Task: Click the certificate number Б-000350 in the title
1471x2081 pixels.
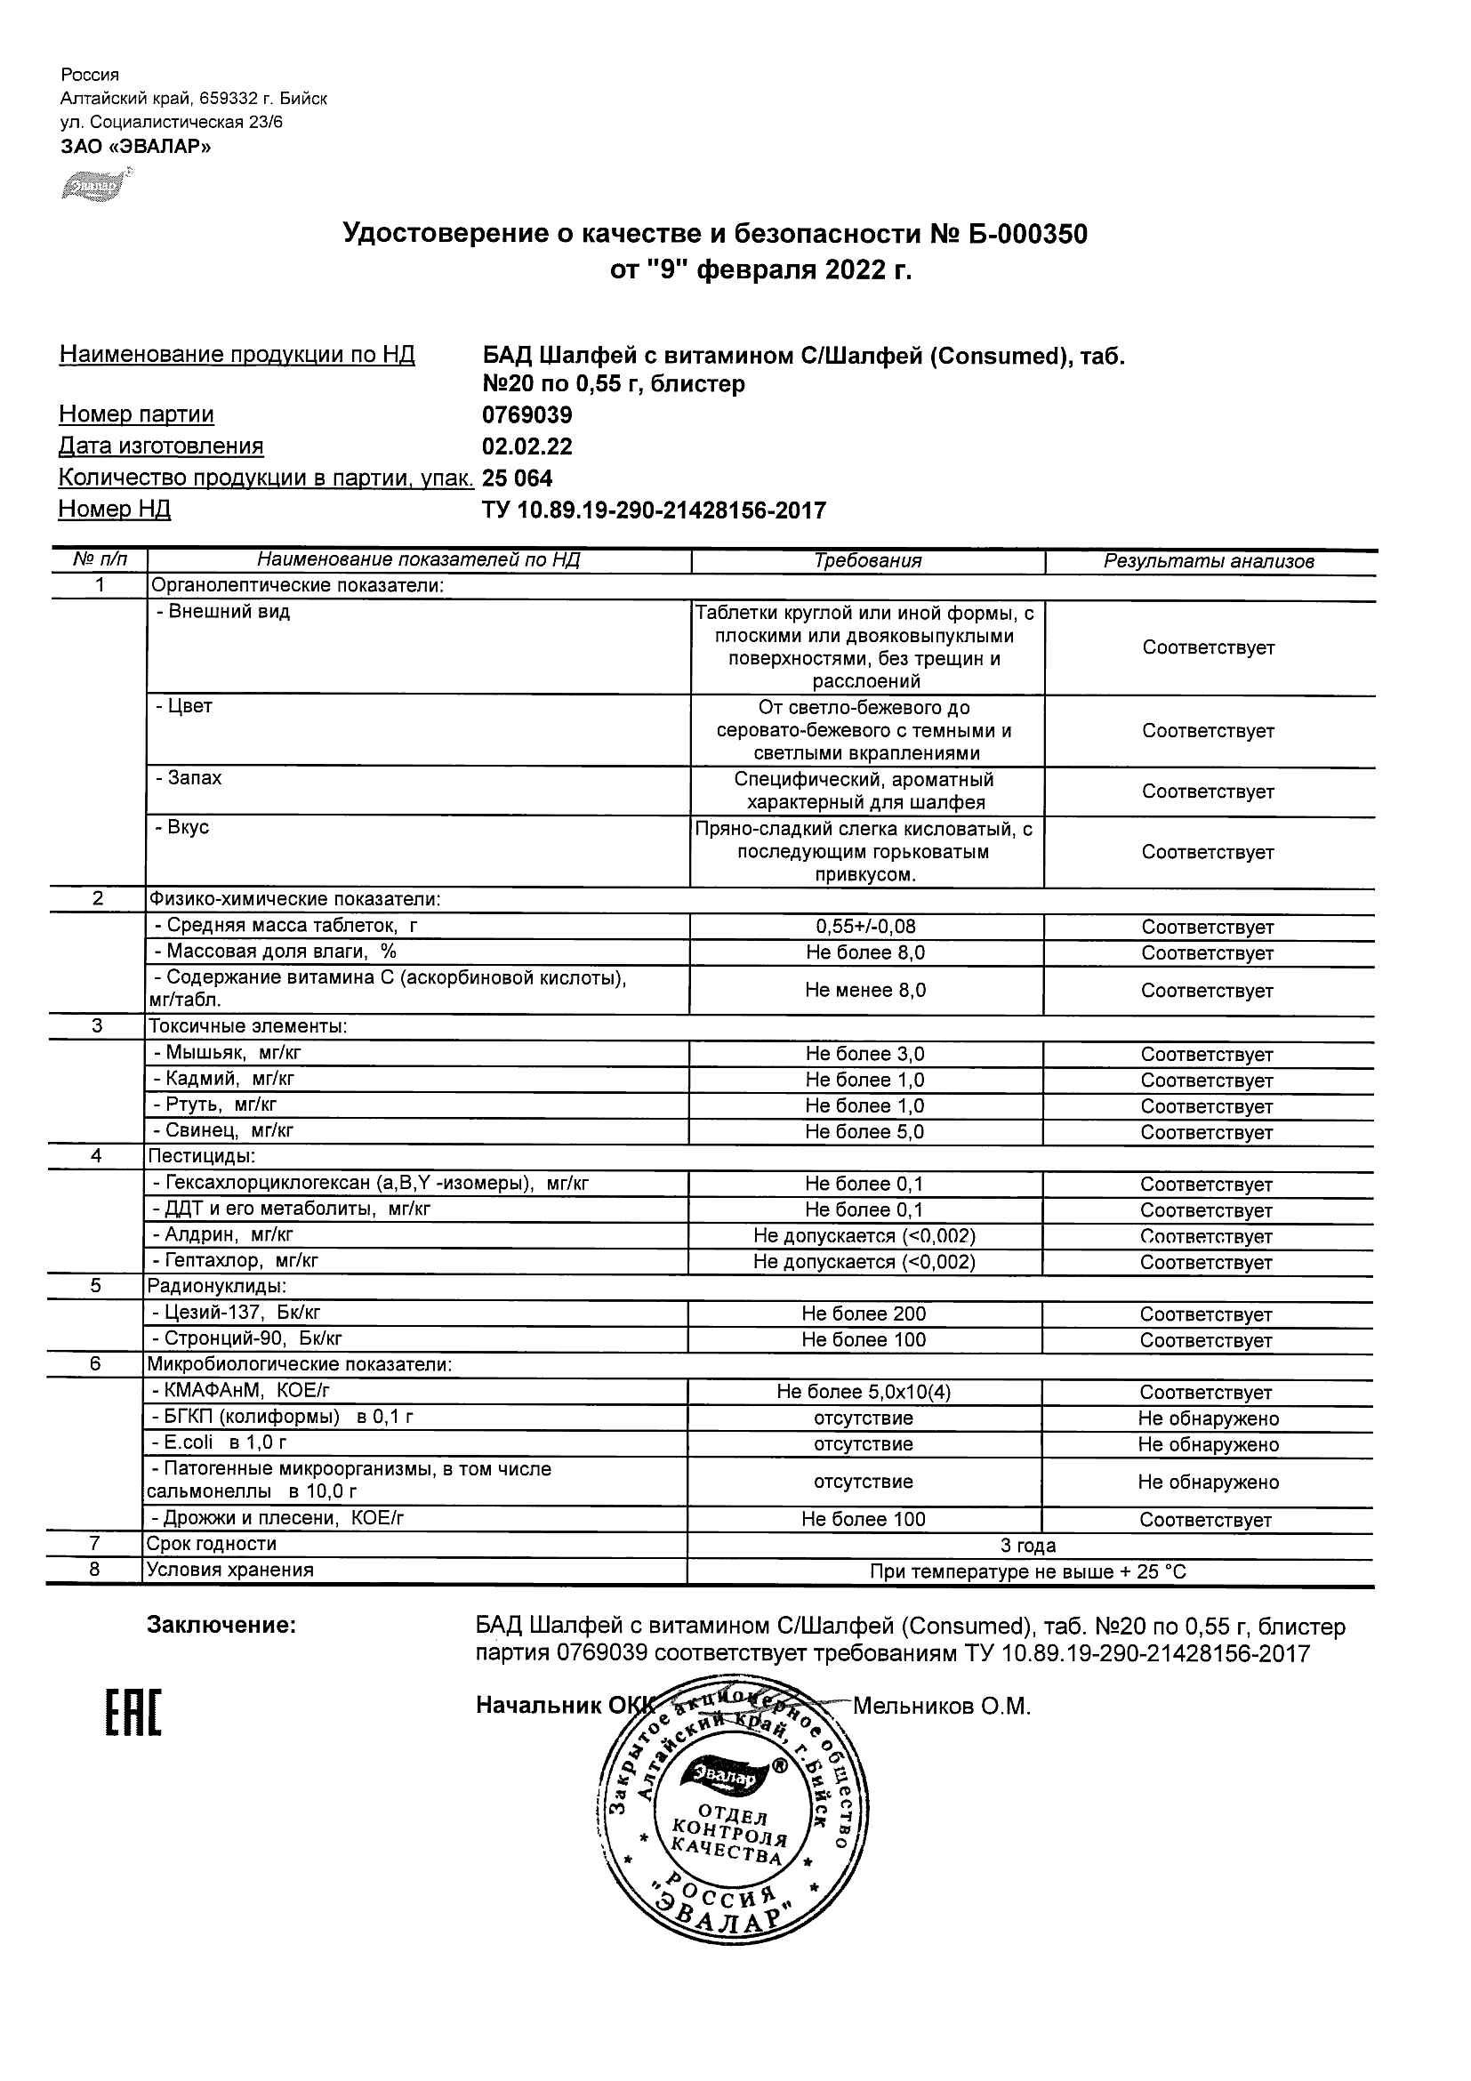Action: (1025, 235)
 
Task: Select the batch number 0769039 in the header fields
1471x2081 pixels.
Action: (527, 415)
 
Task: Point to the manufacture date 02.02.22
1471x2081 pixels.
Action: (527, 446)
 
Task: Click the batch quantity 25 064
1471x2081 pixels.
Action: (518, 478)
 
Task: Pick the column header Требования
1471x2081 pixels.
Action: (867, 561)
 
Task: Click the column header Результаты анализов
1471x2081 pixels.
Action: (1208, 562)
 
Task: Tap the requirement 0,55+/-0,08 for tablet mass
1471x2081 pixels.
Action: (864, 927)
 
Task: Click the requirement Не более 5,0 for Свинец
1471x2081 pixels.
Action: (864, 1131)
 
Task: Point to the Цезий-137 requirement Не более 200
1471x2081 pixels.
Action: (864, 1314)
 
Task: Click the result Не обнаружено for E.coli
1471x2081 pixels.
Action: (1208, 1444)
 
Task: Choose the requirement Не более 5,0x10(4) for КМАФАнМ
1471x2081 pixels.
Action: (864, 1391)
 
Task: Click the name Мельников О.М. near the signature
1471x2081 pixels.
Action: (942, 1706)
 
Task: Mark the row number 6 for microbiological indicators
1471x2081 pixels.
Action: (95, 1364)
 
